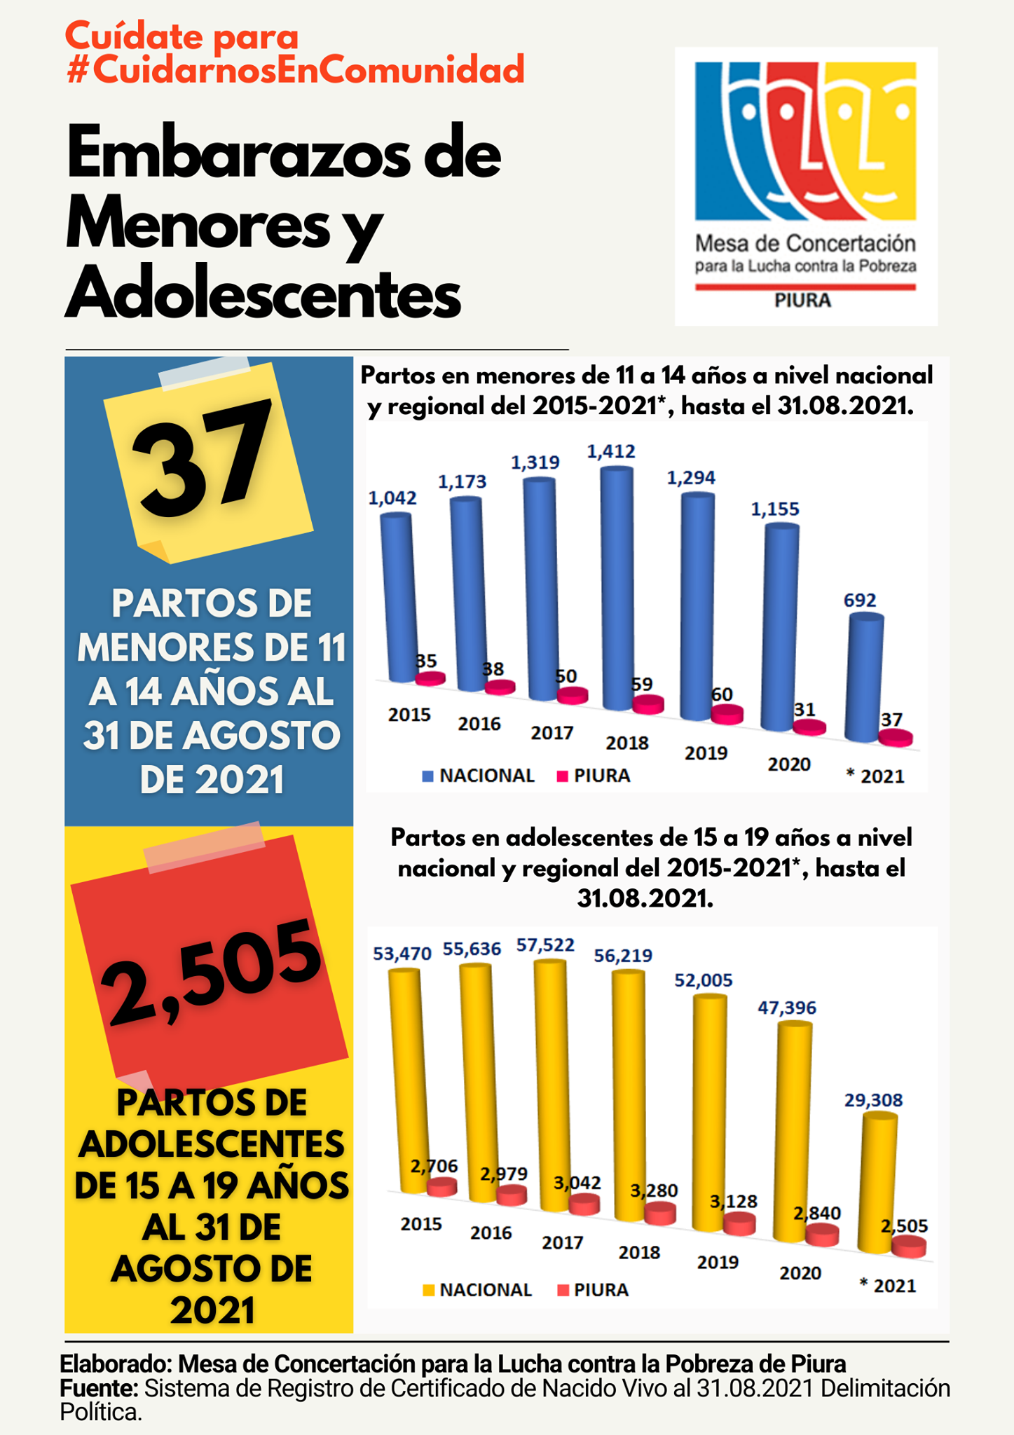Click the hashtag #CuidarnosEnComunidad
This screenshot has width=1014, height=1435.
pos(295,69)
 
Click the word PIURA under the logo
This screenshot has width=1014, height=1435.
pos(802,301)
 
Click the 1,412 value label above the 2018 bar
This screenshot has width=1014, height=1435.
pos(611,452)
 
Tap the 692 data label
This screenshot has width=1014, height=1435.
pos(860,600)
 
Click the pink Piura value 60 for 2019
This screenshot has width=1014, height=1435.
pos(722,694)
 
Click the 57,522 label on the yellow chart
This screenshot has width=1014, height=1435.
pos(545,945)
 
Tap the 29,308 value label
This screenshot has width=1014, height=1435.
pos(873,1099)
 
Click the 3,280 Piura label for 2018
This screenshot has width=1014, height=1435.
pos(654,1190)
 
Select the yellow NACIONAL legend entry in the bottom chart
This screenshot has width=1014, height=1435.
pos(478,1289)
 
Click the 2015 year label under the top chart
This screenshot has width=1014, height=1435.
pos(409,715)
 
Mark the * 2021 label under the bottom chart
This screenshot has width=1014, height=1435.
pos(887,1285)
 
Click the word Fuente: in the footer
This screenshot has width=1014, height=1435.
pos(99,1388)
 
